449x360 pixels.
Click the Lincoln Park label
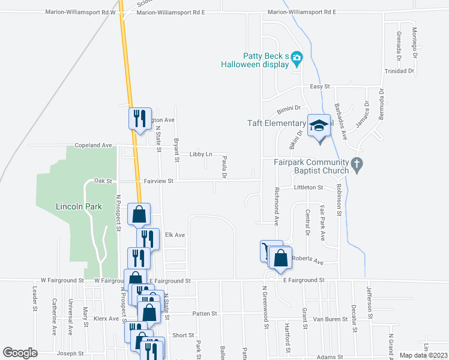point(79,206)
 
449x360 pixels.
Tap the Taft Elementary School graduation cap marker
point(319,125)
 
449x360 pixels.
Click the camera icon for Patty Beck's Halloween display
point(297,58)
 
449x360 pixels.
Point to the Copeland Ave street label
point(93,145)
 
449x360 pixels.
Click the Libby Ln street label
point(200,154)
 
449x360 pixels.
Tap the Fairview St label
point(158,180)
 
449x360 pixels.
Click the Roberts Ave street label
point(307,262)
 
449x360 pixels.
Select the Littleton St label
point(309,187)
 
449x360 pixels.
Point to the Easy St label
point(320,87)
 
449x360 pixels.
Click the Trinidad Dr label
point(399,71)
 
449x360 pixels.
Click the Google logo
point(20,353)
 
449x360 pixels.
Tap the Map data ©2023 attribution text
point(423,355)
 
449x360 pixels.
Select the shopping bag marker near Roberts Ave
point(281,258)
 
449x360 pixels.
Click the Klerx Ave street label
point(106,319)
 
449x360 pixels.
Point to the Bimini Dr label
point(288,109)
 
